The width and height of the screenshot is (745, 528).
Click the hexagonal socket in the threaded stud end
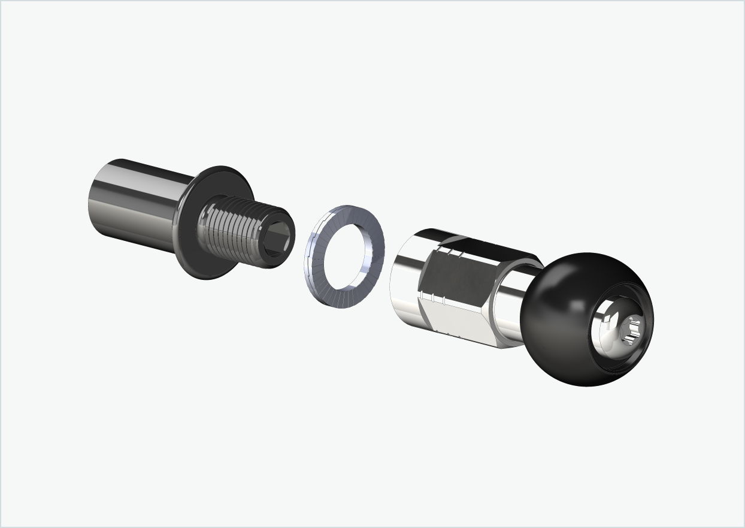click(x=278, y=237)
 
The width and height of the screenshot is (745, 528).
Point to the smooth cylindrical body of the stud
click(x=138, y=204)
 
